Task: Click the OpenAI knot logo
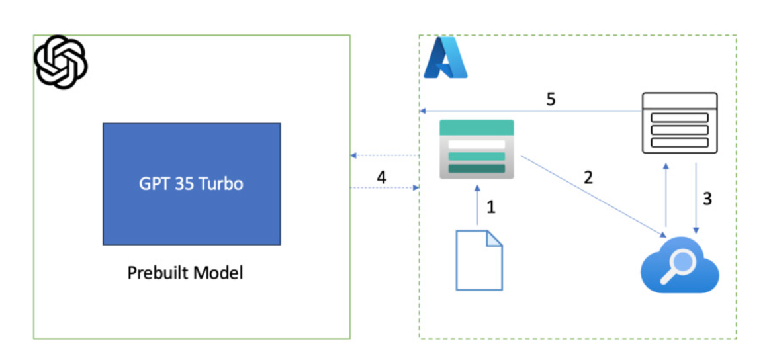[x=61, y=62]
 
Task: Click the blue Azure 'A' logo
[x=445, y=58]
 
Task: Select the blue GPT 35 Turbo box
[x=191, y=183]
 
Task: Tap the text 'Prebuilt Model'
[x=185, y=272]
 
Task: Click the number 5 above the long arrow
[x=551, y=99]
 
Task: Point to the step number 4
[x=381, y=177]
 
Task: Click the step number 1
[x=491, y=207]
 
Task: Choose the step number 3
[x=707, y=199]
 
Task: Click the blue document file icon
[x=479, y=260]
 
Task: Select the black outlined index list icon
[x=680, y=124]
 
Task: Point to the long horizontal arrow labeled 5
[x=529, y=111]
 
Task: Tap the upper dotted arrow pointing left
[x=384, y=156]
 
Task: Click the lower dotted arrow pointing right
[x=384, y=189]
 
